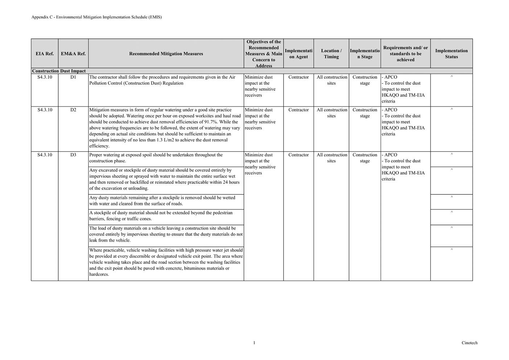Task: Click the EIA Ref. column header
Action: click(45, 54)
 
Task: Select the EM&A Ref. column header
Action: click(73, 54)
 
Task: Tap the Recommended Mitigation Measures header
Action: click(166, 54)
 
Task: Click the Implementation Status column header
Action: click(451, 54)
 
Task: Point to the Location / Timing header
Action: click(331, 54)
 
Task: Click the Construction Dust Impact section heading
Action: click(59, 71)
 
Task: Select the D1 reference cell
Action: click(73, 77)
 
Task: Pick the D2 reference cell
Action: click(73, 110)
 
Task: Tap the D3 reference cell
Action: click(73, 155)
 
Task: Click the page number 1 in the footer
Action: click(254, 343)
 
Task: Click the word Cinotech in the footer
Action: click(469, 343)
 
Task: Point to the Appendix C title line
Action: click(97, 17)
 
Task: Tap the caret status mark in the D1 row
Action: click(451, 77)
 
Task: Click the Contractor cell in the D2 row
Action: click(299, 110)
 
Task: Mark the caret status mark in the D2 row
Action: click(451, 110)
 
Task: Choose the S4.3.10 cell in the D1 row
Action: click(45, 77)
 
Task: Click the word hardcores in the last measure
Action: click(99, 274)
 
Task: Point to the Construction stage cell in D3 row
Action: click(365, 158)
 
